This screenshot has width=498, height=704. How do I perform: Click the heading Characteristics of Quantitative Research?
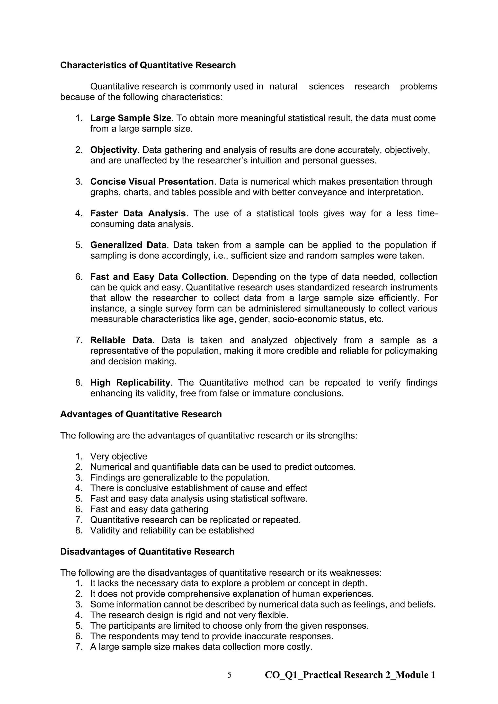(148, 65)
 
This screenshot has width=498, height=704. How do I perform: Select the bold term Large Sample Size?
(130, 118)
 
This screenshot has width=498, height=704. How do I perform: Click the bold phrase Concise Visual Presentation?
(152, 182)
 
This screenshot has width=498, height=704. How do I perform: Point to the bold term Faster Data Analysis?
(138, 213)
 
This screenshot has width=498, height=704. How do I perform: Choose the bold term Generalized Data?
(128, 245)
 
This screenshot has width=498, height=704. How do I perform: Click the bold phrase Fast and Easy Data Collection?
(158, 277)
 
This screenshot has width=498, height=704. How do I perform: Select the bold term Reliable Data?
(121, 340)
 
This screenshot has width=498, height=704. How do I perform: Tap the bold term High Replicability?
(130, 383)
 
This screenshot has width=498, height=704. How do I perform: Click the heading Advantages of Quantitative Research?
(141, 414)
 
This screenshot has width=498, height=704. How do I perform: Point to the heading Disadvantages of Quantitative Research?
(147, 552)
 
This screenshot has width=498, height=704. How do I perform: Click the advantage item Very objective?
(119, 457)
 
